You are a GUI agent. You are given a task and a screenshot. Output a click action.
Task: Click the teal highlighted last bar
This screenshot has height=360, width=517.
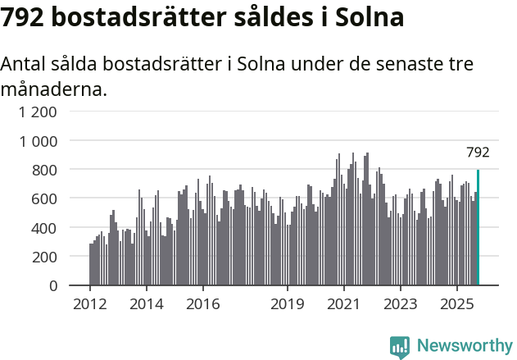click(478, 228)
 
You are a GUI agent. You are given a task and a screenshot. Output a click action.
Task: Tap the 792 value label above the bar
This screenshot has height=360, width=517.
click(478, 153)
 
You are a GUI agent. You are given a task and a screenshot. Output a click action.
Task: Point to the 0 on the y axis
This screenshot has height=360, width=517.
click(53, 285)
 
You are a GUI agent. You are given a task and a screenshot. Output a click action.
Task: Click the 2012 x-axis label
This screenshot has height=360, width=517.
click(90, 304)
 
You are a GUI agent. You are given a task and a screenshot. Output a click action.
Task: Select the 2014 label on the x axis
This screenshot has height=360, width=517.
click(147, 304)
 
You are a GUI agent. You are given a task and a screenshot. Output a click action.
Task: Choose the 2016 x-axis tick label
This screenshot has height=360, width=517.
click(202, 304)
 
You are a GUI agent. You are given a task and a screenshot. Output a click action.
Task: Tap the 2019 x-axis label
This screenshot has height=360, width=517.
click(288, 304)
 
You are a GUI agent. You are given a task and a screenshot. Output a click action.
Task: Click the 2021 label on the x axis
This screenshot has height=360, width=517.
click(344, 304)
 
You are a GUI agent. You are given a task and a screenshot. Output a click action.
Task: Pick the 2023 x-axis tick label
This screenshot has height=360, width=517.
click(401, 304)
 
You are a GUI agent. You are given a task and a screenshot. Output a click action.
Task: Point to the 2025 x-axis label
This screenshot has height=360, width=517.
click(456, 304)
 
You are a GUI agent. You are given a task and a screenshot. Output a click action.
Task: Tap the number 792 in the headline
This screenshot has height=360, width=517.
click(24, 18)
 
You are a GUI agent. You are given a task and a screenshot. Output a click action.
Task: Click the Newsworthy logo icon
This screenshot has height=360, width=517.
click(400, 346)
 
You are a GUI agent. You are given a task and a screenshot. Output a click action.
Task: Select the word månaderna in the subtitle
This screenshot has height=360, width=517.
click(54, 89)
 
